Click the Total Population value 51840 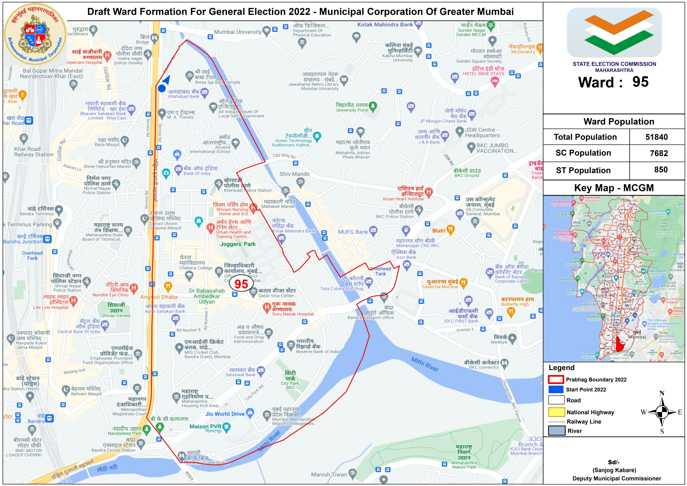656,137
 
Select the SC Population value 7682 659,153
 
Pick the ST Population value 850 661,170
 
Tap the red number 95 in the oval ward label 241,284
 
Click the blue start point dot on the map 161,88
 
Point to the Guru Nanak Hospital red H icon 266,307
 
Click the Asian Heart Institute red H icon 428,192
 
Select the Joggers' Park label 237,244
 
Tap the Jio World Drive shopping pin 250,412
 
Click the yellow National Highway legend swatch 556,412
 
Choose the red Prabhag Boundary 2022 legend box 556,379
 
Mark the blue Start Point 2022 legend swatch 556,389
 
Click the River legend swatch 556,430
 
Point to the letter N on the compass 662,393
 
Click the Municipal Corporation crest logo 35,34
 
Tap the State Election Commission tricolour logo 614,32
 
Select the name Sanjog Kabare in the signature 614,470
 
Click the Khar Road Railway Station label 34,151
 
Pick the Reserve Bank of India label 318,352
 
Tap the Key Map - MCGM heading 614,188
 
